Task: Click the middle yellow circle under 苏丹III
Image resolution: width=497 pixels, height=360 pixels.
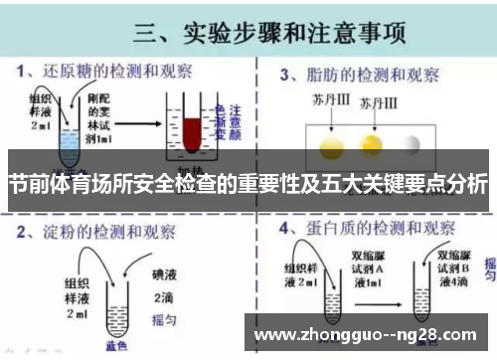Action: click(x=382, y=145)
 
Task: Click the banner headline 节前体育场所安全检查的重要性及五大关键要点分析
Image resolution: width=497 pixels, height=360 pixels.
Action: click(x=248, y=185)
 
